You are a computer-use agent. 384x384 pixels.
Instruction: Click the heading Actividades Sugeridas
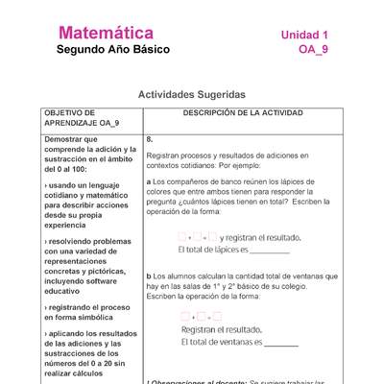(x=192, y=95)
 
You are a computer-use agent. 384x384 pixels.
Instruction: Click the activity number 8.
(x=150, y=139)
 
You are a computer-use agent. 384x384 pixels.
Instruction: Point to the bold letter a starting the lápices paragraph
(x=149, y=181)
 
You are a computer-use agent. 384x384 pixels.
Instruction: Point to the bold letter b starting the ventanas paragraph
(x=149, y=275)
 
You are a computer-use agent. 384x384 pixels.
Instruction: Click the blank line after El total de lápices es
(x=271, y=252)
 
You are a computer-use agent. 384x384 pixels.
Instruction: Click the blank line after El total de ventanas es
(x=280, y=344)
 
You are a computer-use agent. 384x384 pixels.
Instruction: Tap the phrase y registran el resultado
(x=260, y=237)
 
